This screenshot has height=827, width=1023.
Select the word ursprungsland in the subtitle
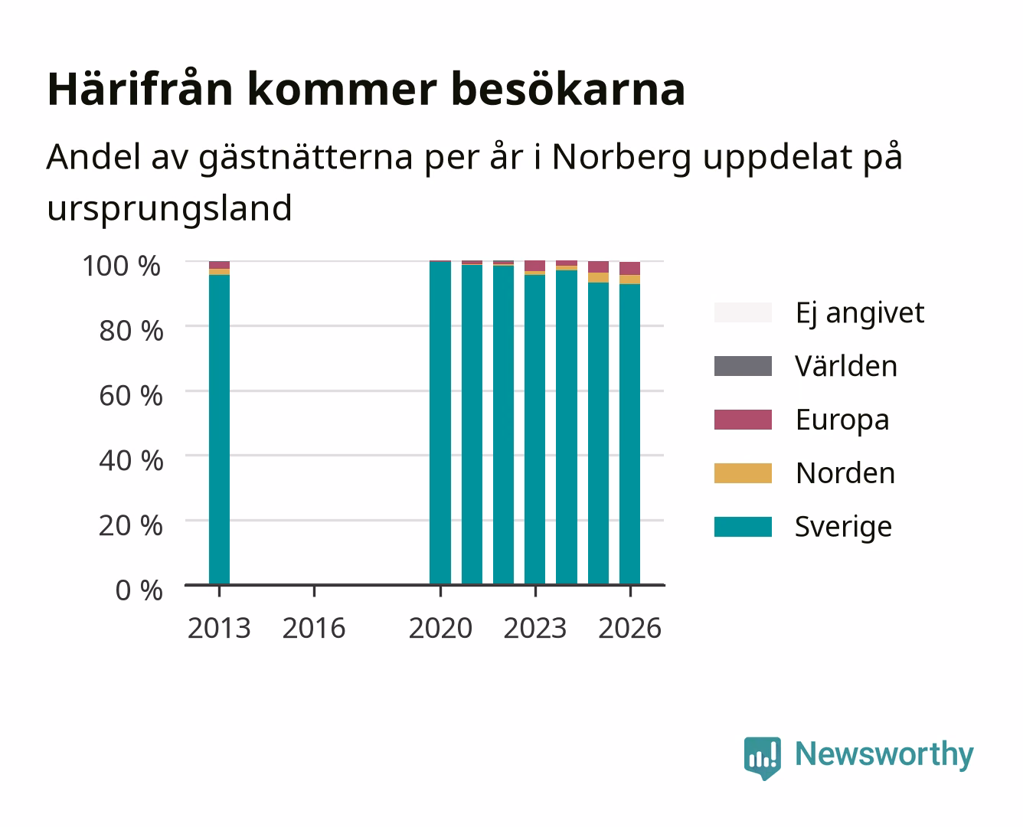coord(169,209)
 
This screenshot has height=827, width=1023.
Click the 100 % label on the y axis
coord(122,266)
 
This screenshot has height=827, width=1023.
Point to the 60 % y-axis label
coord(131,396)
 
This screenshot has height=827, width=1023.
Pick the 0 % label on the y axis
coord(139,590)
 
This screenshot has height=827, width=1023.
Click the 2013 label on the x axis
coord(219,628)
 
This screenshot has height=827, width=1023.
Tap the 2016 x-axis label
coord(314,628)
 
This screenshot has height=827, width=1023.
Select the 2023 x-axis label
coord(535,628)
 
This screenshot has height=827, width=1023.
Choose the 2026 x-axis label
coord(629,628)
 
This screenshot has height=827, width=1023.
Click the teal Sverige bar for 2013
coord(219,430)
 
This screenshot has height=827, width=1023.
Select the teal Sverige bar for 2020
coord(440,423)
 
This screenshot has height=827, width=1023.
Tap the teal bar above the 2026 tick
coord(629,435)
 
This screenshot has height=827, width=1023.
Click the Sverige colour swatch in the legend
coord(743,526)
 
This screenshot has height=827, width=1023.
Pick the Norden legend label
coord(845,473)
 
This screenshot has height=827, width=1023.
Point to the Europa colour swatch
coord(743,420)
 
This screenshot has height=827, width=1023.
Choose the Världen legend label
coord(846,366)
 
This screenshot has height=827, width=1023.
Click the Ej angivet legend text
coord(860,313)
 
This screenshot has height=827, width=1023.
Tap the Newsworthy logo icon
coord(762,757)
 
